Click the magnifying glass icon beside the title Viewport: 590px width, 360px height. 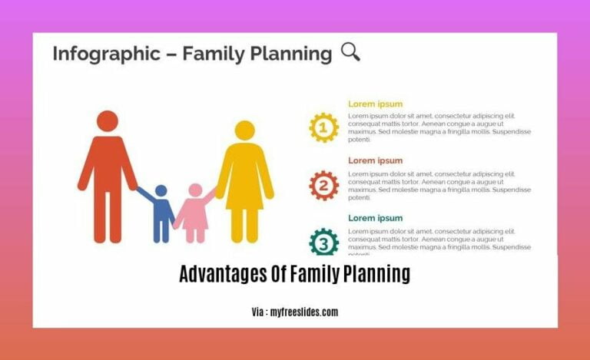(x=350, y=52)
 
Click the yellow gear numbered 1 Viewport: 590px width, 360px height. (x=323, y=127)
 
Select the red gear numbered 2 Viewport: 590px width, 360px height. (x=323, y=185)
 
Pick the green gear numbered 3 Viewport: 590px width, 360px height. (x=323, y=242)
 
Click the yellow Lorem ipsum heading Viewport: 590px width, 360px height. (x=375, y=104)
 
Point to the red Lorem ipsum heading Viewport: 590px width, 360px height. (x=375, y=161)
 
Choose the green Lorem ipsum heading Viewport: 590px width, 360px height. (x=375, y=218)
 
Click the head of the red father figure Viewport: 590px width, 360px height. (x=108, y=121)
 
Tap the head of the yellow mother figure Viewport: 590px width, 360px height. (x=244, y=130)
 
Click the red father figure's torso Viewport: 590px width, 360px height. (x=108, y=165)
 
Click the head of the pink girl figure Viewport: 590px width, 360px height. (x=195, y=190)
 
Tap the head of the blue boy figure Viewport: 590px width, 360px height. (x=161, y=190)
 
